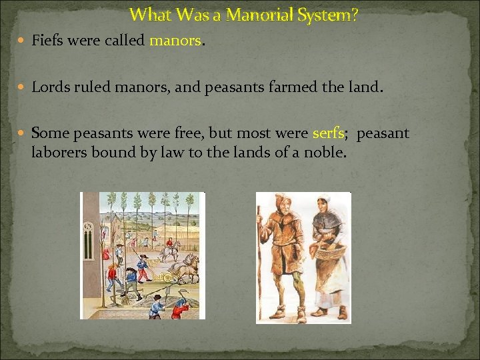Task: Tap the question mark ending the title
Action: click(x=354, y=14)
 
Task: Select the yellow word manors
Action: click(x=175, y=41)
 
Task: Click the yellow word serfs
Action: click(x=327, y=133)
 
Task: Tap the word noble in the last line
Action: click(x=327, y=153)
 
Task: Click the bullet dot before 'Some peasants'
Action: click(x=21, y=134)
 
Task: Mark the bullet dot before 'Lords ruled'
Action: click(x=21, y=87)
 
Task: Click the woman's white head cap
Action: click(x=325, y=201)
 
